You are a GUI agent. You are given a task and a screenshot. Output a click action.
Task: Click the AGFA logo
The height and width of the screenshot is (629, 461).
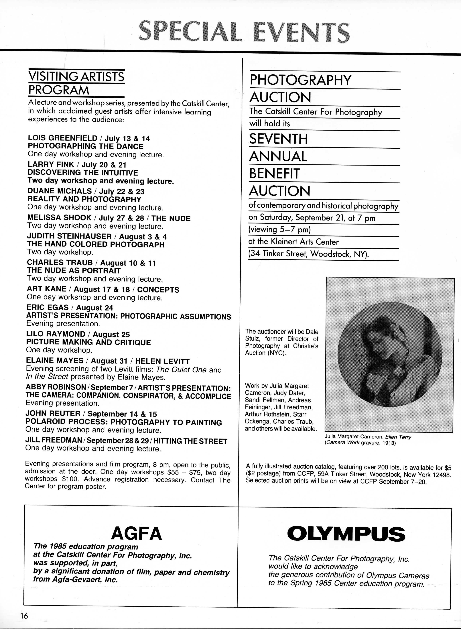tap(136, 534)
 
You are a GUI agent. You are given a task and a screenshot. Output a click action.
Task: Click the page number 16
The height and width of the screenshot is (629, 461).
tap(24, 613)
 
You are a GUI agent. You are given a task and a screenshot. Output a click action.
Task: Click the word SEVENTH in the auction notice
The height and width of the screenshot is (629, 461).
tap(278, 139)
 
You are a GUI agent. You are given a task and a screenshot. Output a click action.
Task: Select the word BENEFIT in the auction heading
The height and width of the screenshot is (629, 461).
tap(274, 173)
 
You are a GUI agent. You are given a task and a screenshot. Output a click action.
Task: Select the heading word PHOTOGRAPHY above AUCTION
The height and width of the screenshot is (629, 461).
tap(300, 80)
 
